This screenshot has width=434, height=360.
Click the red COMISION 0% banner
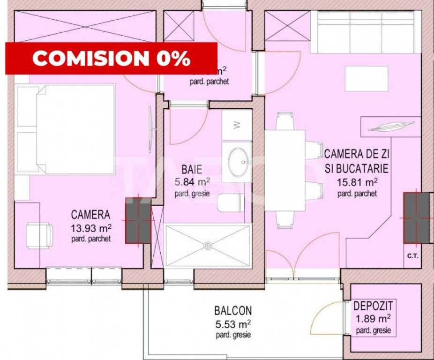point(111,58)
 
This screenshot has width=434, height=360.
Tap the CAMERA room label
point(90,215)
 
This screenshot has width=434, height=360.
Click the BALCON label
point(233,310)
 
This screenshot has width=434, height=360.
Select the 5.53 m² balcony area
point(233,323)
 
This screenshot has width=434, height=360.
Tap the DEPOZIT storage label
point(373,307)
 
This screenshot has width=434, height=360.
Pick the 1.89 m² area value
point(373,320)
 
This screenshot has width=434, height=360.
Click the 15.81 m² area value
point(357,182)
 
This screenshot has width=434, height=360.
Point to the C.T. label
point(413,255)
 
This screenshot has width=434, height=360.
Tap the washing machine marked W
point(237,125)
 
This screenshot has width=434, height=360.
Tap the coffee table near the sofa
point(367,78)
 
